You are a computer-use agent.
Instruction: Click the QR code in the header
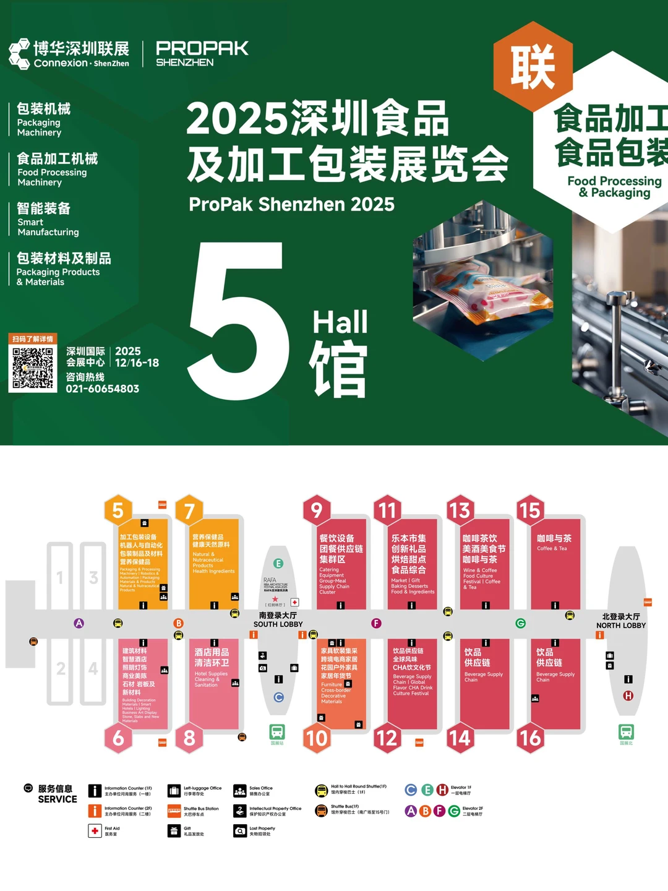click(x=33, y=368)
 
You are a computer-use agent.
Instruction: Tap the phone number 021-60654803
click(x=103, y=389)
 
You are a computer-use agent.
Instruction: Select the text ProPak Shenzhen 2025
click(x=291, y=204)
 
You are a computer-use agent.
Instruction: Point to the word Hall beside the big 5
click(x=340, y=322)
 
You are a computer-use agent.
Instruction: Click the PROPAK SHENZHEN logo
click(x=202, y=54)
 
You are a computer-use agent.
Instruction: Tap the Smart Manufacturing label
click(x=48, y=226)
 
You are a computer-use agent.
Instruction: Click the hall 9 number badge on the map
click(x=317, y=510)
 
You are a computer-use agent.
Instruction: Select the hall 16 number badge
click(x=530, y=738)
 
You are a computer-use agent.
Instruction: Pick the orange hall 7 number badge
click(x=189, y=510)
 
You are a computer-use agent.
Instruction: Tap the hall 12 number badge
click(x=387, y=738)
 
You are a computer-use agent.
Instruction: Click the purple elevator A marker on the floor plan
click(x=79, y=623)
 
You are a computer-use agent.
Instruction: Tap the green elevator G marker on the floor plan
click(x=521, y=623)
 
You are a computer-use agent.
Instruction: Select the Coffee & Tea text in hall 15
click(x=552, y=548)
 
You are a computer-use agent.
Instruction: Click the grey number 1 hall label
click(x=60, y=578)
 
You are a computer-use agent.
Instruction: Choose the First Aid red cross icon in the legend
click(x=95, y=830)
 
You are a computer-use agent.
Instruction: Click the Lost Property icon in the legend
click(x=239, y=830)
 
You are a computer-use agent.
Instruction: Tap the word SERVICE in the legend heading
click(x=58, y=799)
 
